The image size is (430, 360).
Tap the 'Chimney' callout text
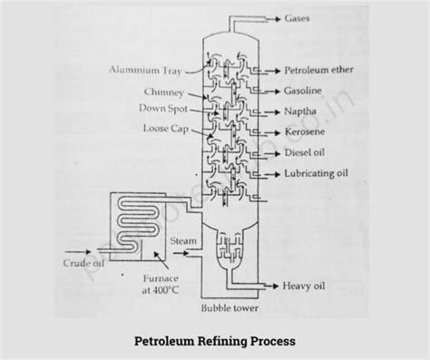163,92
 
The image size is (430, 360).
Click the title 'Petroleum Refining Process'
215,342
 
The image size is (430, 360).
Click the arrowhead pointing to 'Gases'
279,18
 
